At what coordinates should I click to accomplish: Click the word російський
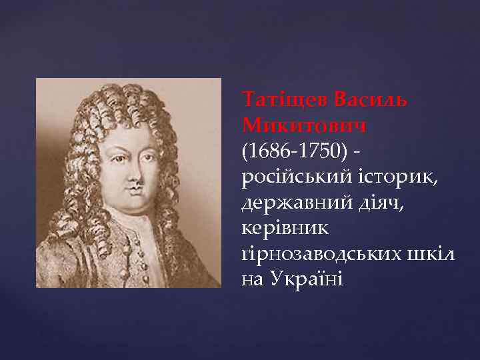pos(289,177)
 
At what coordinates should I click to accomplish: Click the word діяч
pos(365,203)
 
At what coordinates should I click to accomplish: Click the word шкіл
pos(432,252)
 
